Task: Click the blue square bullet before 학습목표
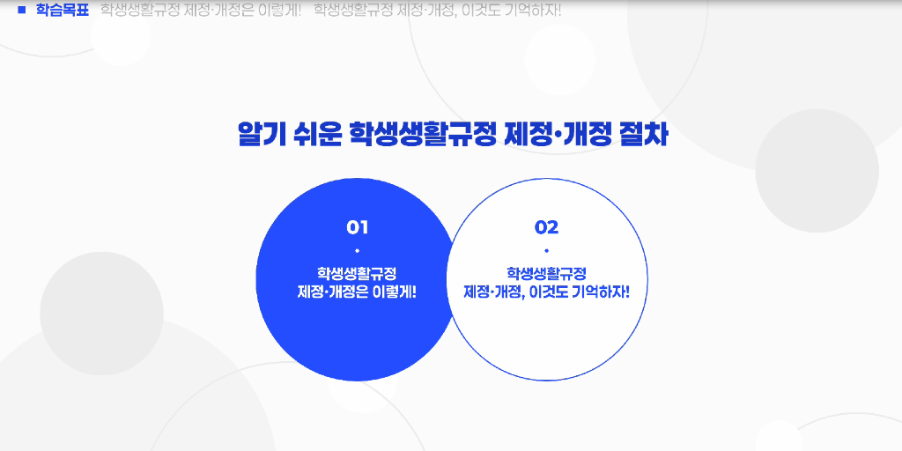(x=22, y=11)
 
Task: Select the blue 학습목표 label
(x=63, y=11)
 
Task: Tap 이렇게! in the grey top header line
(x=278, y=11)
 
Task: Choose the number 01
(x=357, y=227)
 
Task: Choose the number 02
(x=546, y=227)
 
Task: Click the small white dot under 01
(x=357, y=252)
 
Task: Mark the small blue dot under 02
(x=546, y=252)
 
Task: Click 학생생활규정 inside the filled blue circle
(x=357, y=273)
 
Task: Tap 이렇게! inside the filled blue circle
(x=395, y=292)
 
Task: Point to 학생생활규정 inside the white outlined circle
(x=546, y=273)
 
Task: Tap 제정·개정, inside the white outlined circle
(x=495, y=292)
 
